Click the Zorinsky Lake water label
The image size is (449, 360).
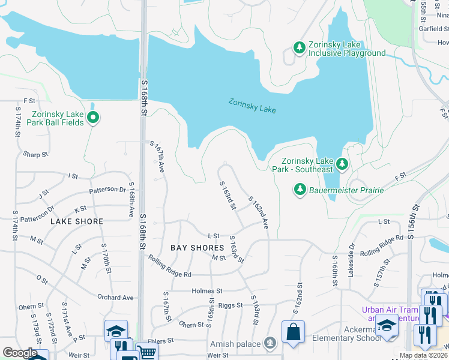point(252,106)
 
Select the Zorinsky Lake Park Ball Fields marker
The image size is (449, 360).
point(92,118)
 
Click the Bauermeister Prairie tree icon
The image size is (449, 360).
point(300,190)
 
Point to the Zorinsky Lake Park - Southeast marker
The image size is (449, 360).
point(342,163)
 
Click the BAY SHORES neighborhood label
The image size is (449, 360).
point(197,248)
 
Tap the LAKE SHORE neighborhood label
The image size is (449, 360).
point(77,221)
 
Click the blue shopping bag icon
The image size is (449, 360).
point(293,332)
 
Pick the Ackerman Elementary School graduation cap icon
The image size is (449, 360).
point(387,326)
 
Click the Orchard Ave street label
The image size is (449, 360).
point(116,297)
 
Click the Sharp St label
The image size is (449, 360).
point(35,155)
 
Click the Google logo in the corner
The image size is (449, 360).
point(20,353)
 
